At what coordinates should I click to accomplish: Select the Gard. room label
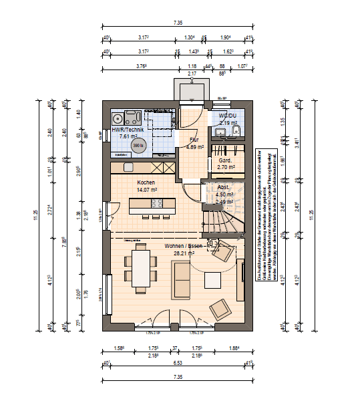(x=220, y=160)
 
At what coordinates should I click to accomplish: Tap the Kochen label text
(x=146, y=182)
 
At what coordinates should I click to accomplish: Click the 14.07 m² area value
(x=146, y=190)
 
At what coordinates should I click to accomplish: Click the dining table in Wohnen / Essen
(x=140, y=266)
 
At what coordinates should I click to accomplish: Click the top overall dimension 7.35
(x=178, y=23)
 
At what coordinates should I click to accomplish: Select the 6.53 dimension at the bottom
(x=178, y=363)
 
